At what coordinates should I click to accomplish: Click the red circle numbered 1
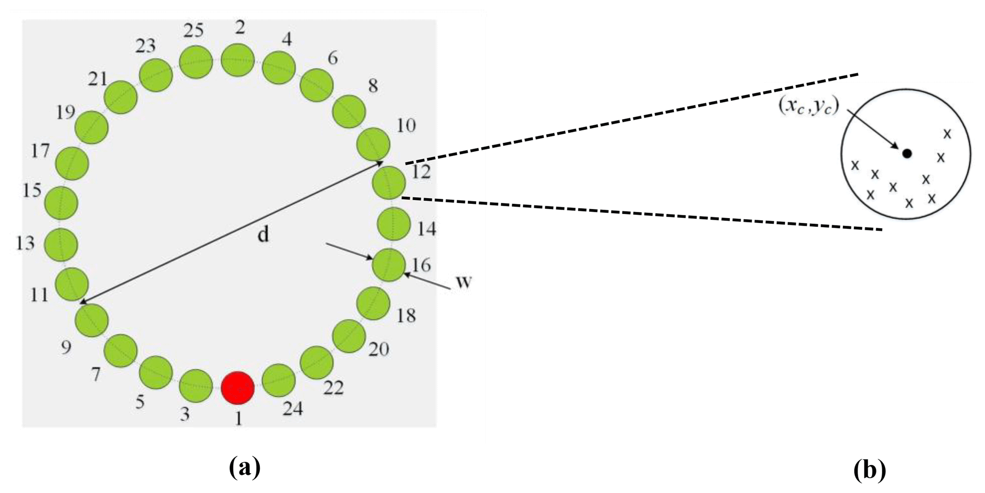pyautogui.click(x=238, y=388)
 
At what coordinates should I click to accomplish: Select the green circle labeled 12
pyautogui.click(x=389, y=182)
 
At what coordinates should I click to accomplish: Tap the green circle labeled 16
pyautogui.click(x=389, y=265)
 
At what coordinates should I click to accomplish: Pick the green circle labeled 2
pyautogui.click(x=238, y=60)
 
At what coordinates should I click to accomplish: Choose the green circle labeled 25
pyautogui.click(x=196, y=63)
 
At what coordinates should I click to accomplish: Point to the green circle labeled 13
pyautogui.click(x=61, y=245)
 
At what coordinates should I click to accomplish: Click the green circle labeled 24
pyautogui.click(x=279, y=381)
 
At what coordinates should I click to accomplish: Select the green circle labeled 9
pyautogui.click(x=91, y=321)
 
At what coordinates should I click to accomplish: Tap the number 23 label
pyautogui.click(x=145, y=46)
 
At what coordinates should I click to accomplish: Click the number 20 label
pyautogui.click(x=378, y=349)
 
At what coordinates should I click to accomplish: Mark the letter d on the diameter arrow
pyautogui.click(x=263, y=234)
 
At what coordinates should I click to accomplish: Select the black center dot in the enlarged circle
pyautogui.click(x=907, y=153)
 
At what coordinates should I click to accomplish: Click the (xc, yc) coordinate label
pyautogui.click(x=808, y=107)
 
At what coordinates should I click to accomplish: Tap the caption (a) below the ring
pyautogui.click(x=245, y=468)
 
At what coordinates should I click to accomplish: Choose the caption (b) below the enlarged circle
pyautogui.click(x=870, y=471)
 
